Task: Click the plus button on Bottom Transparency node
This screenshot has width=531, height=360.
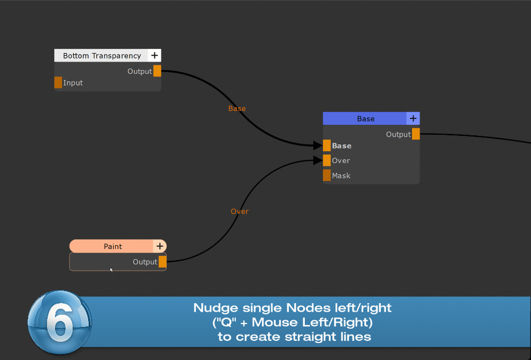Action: pos(155,55)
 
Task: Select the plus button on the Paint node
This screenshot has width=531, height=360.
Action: pos(160,246)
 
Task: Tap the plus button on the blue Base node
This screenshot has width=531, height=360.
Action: pos(413,118)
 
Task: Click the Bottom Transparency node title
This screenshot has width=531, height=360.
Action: pos(102,56)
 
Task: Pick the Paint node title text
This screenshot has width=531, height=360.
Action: pos(113,246)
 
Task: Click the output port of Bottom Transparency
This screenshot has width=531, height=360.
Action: pos(157,71)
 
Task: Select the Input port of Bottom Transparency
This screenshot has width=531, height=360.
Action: pos(58,82)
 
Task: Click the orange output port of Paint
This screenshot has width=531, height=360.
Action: pos(162,261)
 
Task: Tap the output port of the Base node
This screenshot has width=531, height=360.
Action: pos(416,134)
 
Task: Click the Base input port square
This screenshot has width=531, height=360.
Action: pos(327,145)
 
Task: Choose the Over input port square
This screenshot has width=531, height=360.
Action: pos(327,160)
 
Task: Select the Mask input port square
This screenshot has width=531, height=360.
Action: pos(327,175)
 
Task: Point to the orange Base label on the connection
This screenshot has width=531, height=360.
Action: pos(237,108)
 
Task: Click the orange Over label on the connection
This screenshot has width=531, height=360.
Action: pos(239,211)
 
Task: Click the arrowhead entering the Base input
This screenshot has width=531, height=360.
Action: pos(318,145)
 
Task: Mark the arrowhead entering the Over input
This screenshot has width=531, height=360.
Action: pos(318,160)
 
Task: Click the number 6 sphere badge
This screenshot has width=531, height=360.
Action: pos(59,322)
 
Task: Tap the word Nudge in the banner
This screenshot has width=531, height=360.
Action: pos(217,308)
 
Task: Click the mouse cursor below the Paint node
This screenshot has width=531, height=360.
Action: pos(112,270)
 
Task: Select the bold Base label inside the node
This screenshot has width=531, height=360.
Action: pos(341,145)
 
